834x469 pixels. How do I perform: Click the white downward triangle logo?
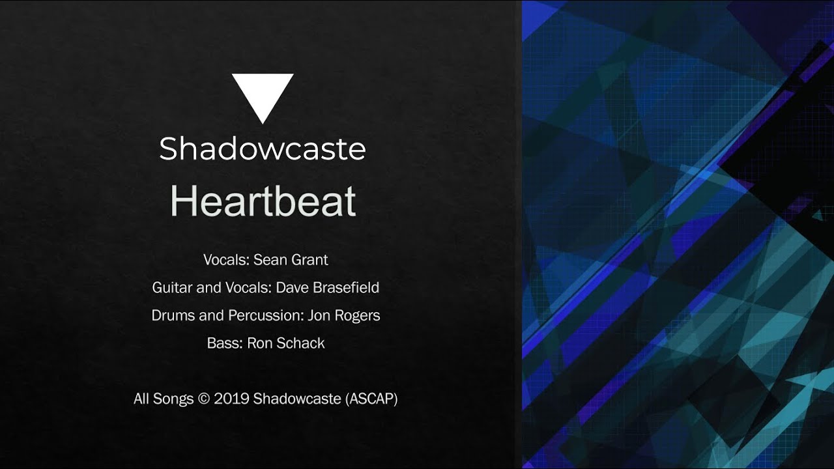pyautogui.click(x=263, y=95)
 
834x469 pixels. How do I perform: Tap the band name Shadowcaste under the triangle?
pyautogui.click(x=263, y=149)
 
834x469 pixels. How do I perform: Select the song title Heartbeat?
pyautogui.click(x=263, y=201)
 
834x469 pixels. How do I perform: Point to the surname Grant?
pyautogui.click(x=309, y=260)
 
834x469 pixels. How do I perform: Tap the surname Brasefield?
pyautogui.click(x=346, y=288)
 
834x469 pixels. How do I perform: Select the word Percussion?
pyautogui.click(x=265, y=316)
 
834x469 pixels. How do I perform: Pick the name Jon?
pyautogui.click(x=319, y=316)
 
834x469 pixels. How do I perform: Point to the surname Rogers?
pyautogui.click(x=357, y=316)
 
